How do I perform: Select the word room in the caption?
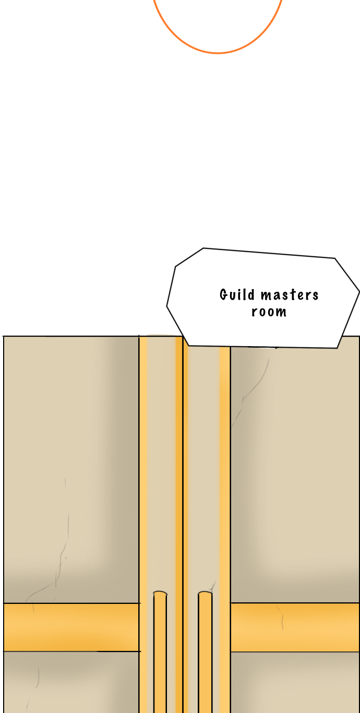tap(269, 312)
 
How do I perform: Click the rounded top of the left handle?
tap(160, 593)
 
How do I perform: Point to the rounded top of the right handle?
tap(205, 593)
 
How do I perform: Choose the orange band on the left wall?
tap(71, 627)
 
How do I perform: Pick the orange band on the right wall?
tap(295, 627)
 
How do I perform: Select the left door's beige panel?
tap(161, 470)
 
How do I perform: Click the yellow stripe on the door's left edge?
tap(143, 470)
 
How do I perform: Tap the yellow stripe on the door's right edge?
tap(225, 470)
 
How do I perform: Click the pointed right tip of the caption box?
tap(358, 292)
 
